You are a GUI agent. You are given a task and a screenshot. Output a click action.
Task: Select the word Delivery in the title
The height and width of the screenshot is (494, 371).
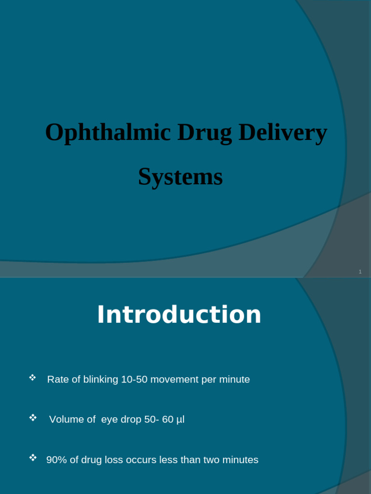tap(283, 133)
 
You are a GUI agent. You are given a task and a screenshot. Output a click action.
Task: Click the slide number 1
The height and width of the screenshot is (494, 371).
tap(360, 272)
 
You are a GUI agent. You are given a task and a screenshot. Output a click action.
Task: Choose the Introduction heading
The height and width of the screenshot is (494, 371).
tap(179, 315)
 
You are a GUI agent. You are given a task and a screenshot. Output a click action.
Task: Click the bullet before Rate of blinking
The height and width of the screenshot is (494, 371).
tap(33, 377)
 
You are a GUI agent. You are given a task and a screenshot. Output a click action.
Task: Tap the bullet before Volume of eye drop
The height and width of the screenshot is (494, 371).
tap(33, 417)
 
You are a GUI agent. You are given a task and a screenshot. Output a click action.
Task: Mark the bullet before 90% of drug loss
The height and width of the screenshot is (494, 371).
tap(33, 457)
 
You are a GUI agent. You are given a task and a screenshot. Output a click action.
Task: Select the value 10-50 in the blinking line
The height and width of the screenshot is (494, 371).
tap(134, 380)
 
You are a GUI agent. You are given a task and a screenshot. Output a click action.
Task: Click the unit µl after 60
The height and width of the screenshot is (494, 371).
tap(180, 420)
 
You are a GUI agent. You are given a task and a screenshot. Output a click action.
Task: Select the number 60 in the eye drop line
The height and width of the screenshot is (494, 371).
tap(168, 420)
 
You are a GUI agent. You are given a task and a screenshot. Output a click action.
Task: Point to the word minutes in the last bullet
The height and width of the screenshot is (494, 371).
tap(240, 460)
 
